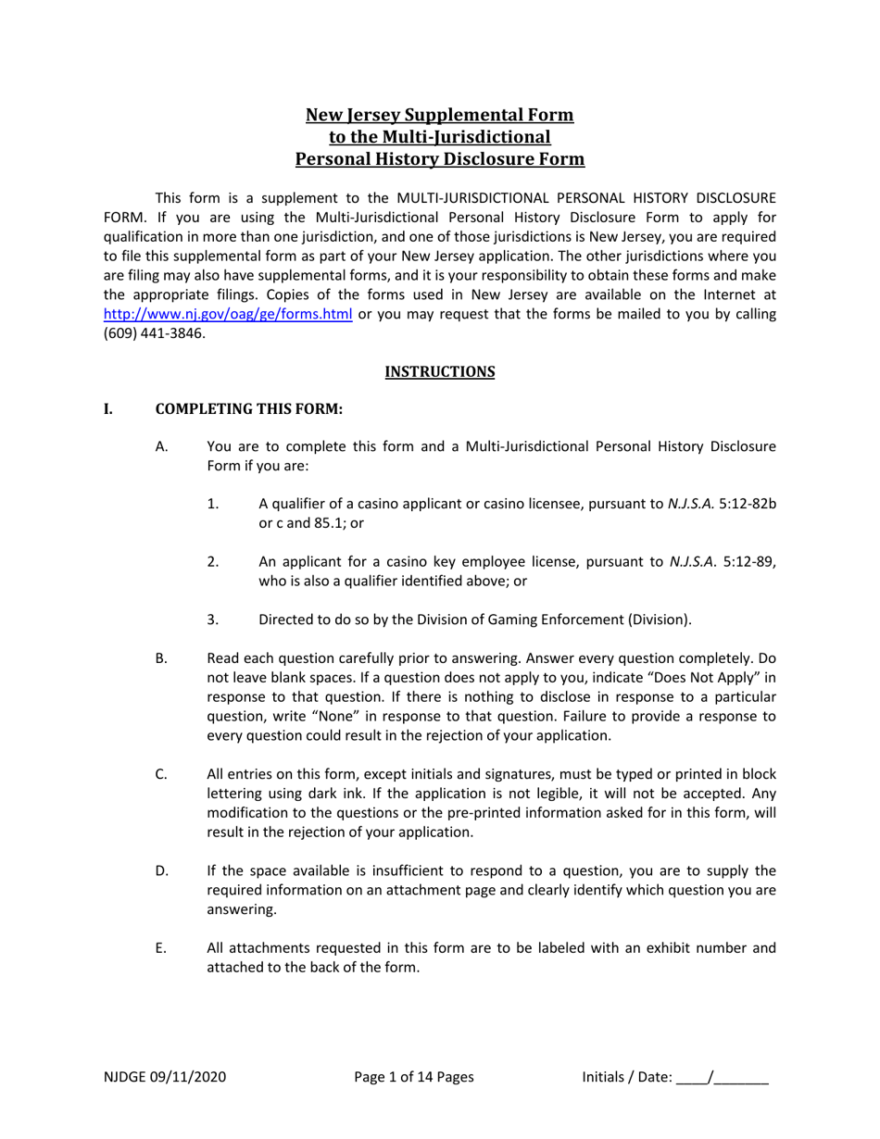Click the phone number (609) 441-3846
click(x=155, y=333)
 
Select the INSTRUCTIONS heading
click(x=439, y=371)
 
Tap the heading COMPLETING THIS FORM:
click(x=248, y=408)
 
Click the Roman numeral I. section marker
click(x=108, y=408)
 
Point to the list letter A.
click(x=161, y=446)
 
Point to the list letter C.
click(x=161, y=774)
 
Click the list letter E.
click(x=161, y=948)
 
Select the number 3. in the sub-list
click(x=213, y=620)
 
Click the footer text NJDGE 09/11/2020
click(x=164, y=1077)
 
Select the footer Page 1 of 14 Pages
click(x=414, y=1077)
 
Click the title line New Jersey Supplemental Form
click(x=439, y=115)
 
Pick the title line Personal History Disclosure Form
click(x=439, y=158)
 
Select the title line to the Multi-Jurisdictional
click(x=439, y=137)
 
